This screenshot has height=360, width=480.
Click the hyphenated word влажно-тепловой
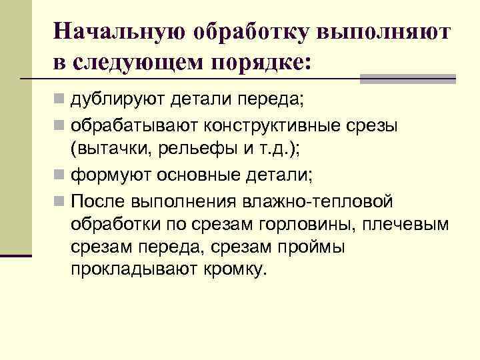[x=323, y=201]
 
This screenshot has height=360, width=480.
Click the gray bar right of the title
[x=407, y=79]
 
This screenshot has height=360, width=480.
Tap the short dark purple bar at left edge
[x=15, y=255]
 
